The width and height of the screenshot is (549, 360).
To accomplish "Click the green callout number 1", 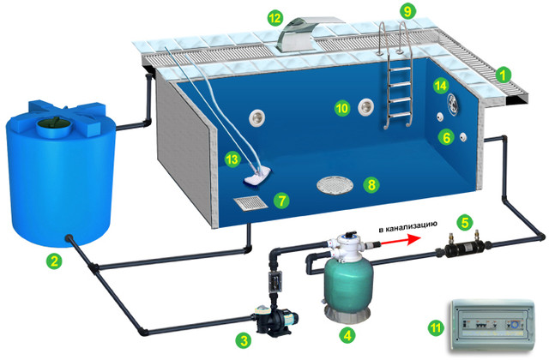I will pos(504,75).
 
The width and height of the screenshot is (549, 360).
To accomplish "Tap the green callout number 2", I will pos(53,261).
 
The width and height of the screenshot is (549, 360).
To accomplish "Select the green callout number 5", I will pos(465,222).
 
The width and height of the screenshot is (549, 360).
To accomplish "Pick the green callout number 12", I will pos(274,17).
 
